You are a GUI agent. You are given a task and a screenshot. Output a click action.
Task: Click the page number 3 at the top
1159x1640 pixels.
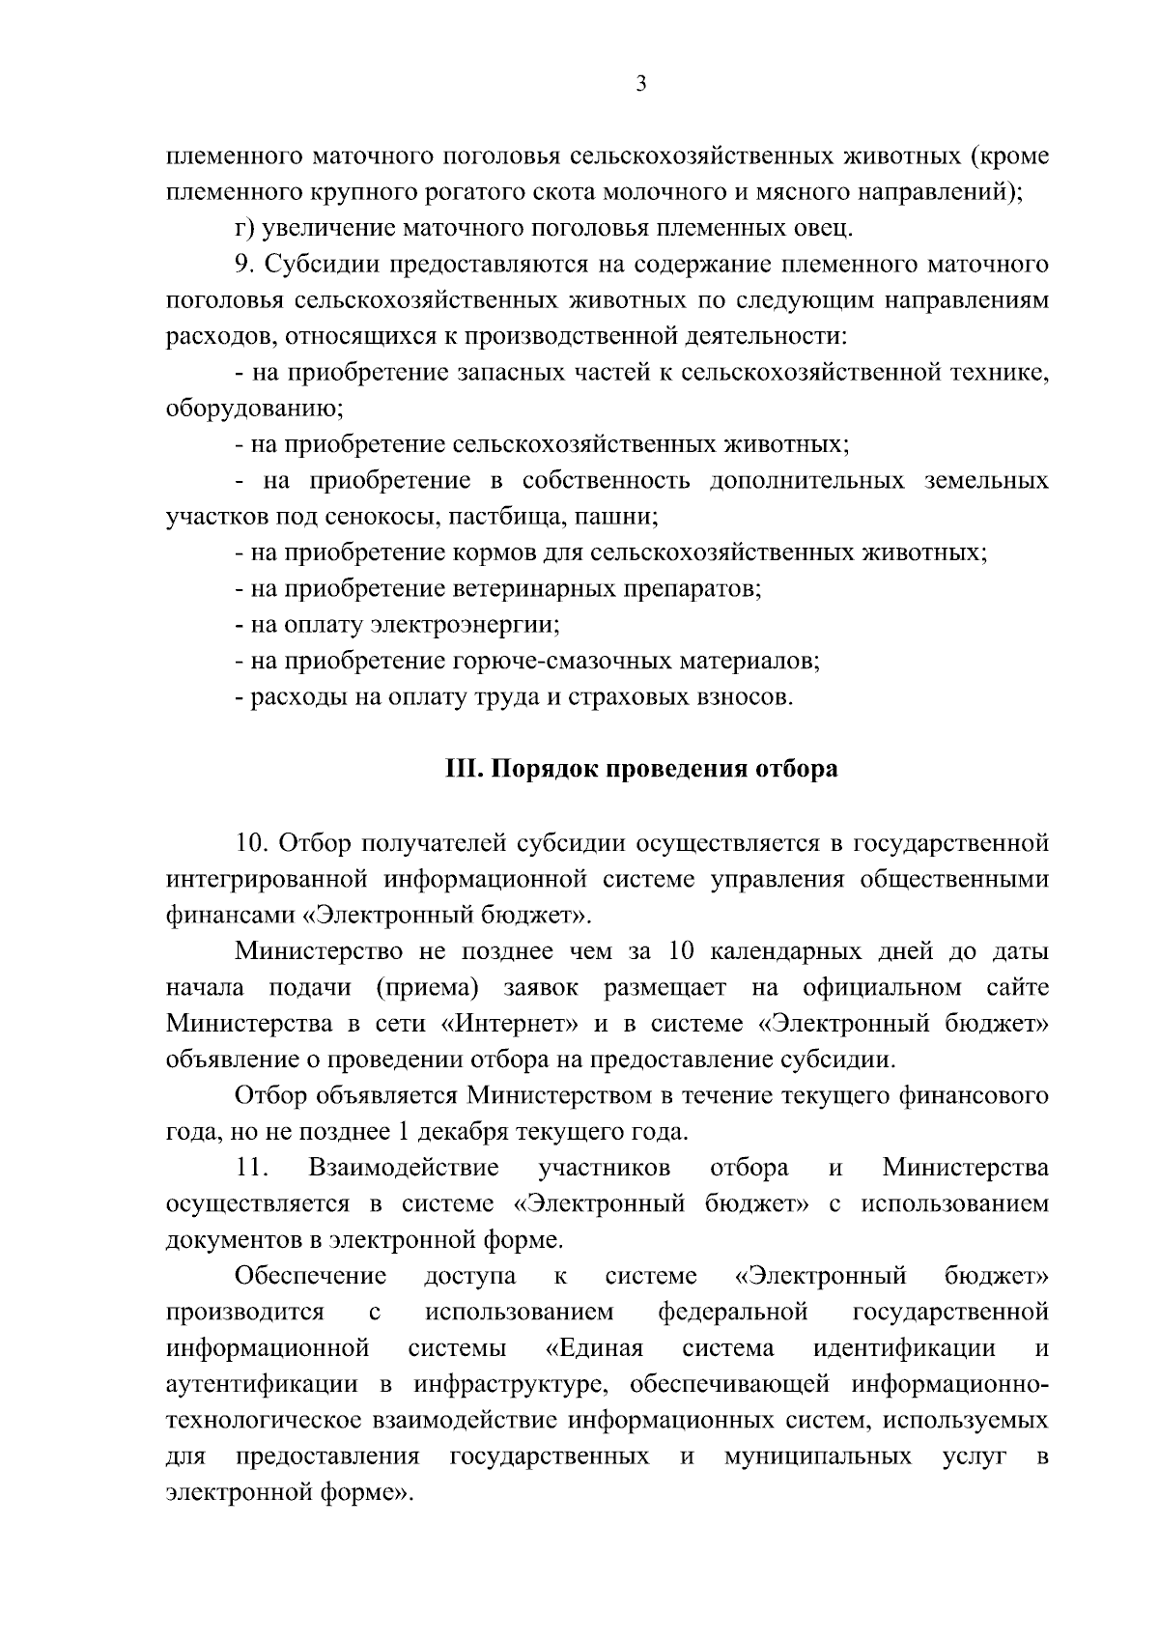[x=640, y=84]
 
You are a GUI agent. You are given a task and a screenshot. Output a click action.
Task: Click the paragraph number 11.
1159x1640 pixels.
[x=252, y=1168]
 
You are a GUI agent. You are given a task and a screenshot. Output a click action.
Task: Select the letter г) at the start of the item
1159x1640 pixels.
[x=244, y=229]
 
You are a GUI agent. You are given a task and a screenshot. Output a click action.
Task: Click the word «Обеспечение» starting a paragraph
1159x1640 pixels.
[x=311, y=1276]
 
